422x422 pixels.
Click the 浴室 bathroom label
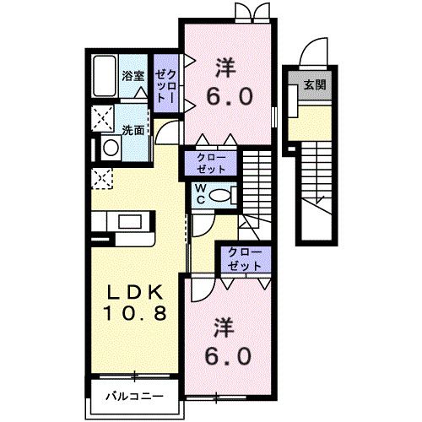pyautogui.click(x=133, y=76)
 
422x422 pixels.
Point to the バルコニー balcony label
pyautogui.click(x=134, y=397)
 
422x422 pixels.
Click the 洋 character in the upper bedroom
pyautogui.click(x=226, y=66)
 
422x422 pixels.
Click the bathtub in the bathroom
pyautogui.click(x=105, y=78)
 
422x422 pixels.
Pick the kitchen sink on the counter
pyautogui.click(x=131, y=222)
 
